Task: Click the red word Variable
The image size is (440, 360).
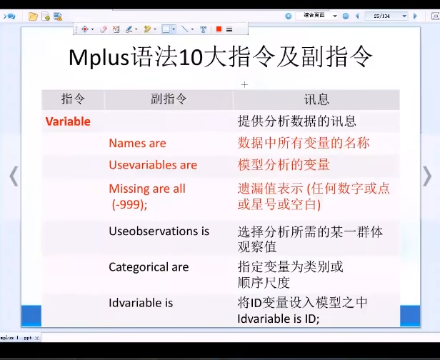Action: (68, 121)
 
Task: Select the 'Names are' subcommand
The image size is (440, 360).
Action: (137, 143)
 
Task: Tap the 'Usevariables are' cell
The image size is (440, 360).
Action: (153, 165)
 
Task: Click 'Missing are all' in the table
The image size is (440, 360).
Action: (147, 189)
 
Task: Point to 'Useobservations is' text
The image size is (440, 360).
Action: (159, 231)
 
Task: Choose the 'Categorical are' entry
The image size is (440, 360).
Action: (149, 267)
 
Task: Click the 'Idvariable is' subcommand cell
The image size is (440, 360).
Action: (141, 303)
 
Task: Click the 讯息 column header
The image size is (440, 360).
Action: (316, 100)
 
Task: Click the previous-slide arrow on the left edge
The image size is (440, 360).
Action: (13, 176)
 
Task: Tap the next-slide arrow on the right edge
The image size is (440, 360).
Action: (427, 176)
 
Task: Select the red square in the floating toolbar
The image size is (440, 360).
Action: (219, 29)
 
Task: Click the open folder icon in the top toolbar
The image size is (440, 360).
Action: (33, 16)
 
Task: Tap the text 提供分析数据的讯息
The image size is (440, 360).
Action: (296, 121)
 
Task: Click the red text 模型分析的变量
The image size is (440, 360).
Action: (284, 165)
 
